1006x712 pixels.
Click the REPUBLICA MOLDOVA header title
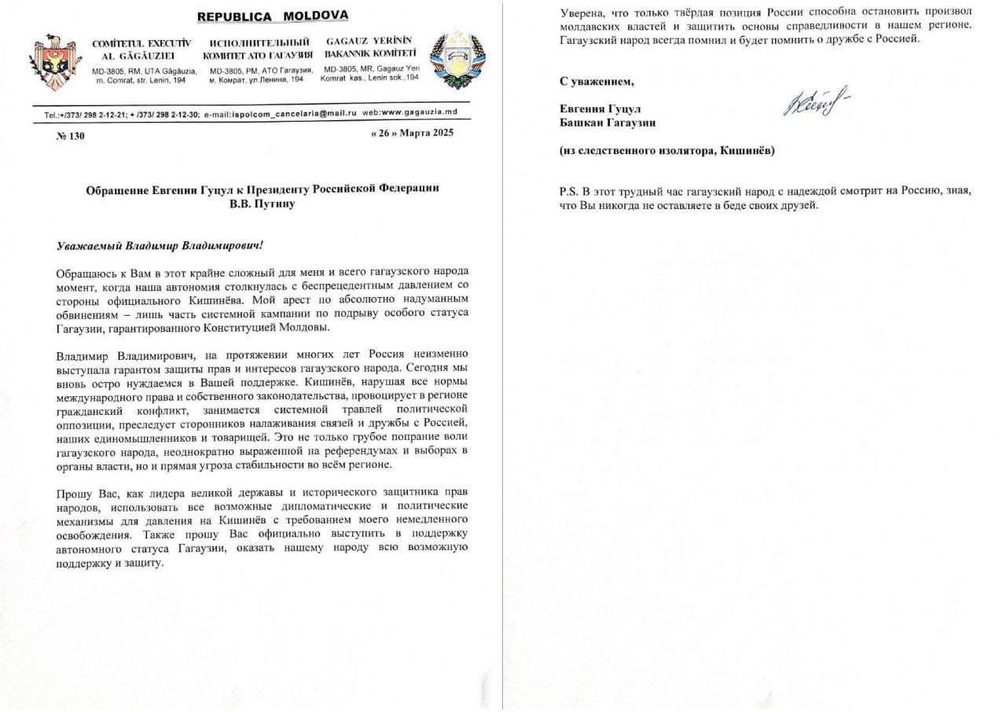pyautogui.click(x=272, y=17)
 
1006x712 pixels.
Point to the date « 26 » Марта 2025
pyautogui.click(x=411, y=133)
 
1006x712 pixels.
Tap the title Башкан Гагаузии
pyautogui.click(x=608, y=123)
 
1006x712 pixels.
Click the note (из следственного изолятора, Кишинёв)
pyautogui.click(x=666, y=150)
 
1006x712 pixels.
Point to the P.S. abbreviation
pyautogui.click(x=568, y=191)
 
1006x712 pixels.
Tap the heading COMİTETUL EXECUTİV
pyautogui.click(x=141, y=42)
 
